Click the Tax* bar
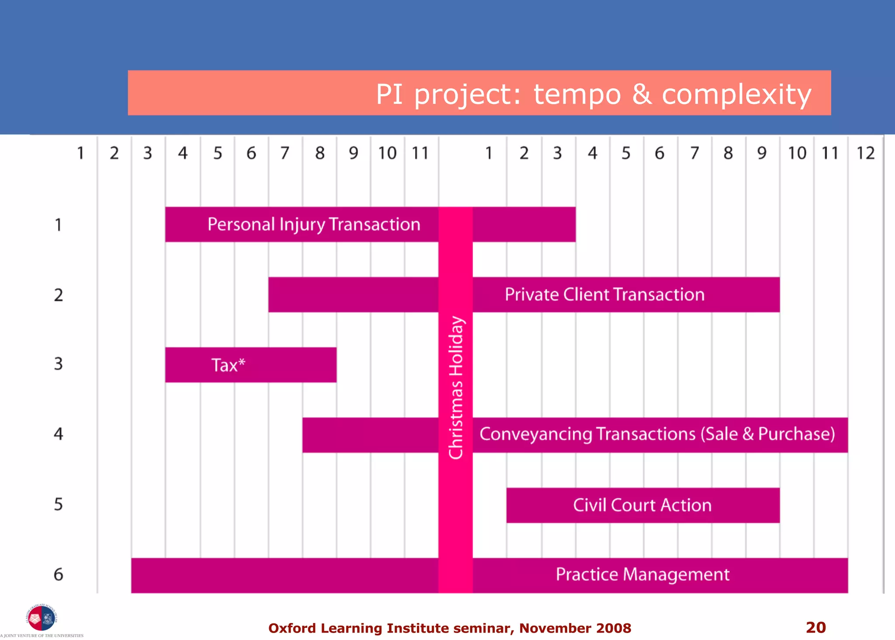click(x=250, y=365)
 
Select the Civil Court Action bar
click(x=642, y=505)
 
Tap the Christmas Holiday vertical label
click(x=456, y=388)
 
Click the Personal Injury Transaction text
click(x=314, y=224)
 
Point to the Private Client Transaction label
click(x=604, y=294)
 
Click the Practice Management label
click(x=642, y=574)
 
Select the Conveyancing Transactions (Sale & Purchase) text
click(x=657, y=434)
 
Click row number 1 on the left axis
click(x=58, y=225)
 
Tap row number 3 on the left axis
click(x=58, y=364)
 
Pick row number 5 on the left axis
click(x=58, y=504)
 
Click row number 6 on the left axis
click(x=58, y=574)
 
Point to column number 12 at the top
click(x=865, y=153)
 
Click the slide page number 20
click(x=815, y=627)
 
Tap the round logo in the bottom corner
click(x=42, y=618)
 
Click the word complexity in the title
click(x=736, y=94)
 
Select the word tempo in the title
click(x=577, y=94)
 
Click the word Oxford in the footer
click(x=292, y=628)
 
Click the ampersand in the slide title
click(x=641, y=94)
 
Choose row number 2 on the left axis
click(x=58, y=295)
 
